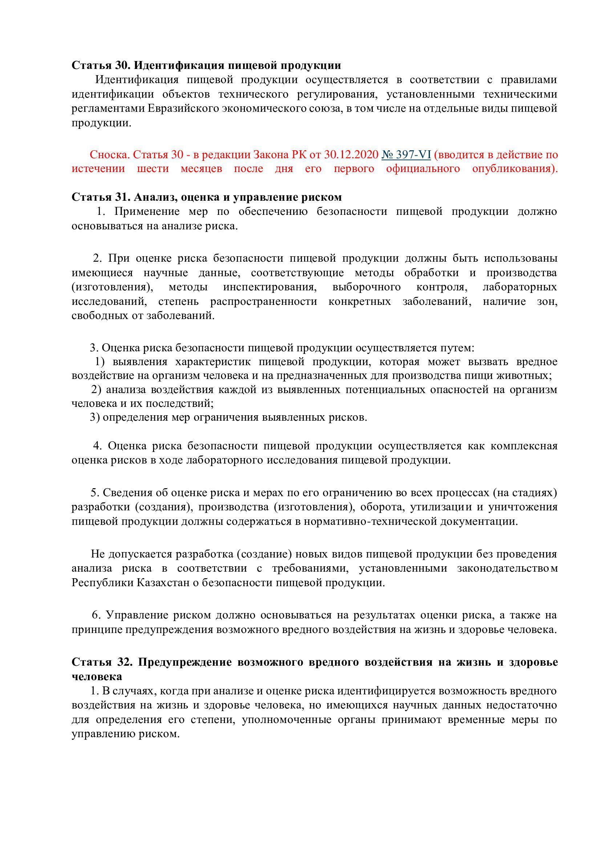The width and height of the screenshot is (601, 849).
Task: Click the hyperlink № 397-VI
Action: click(406, 155)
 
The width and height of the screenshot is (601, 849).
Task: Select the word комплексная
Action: click(524, 446)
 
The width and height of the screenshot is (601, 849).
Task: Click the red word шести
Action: click(153, 169)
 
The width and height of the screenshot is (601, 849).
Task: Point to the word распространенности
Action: click(263, 302)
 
